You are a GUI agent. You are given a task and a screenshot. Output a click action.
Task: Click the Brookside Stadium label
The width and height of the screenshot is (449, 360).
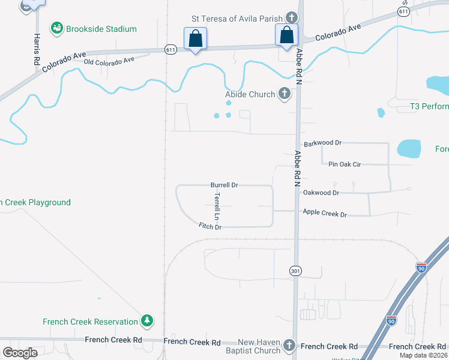coord(101,29)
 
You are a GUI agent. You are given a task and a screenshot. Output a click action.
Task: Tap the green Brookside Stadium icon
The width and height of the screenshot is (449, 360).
coord(57,28)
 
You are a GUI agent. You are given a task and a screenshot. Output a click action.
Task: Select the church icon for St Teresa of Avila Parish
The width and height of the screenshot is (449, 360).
coord(292,18)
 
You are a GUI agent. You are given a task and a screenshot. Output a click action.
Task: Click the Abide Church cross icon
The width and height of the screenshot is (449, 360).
coord(285,94)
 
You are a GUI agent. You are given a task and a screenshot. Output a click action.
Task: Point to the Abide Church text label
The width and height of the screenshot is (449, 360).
coord(250,94)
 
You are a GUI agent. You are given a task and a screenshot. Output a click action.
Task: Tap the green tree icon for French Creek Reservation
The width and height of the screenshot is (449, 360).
coord(146,321)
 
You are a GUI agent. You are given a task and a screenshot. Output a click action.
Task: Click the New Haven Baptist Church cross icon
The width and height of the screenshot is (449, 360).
coord(289,345)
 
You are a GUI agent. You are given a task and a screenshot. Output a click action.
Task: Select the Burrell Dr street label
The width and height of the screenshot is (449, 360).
coord(224,185)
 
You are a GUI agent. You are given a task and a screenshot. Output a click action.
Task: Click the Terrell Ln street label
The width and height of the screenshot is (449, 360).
coord(217,205)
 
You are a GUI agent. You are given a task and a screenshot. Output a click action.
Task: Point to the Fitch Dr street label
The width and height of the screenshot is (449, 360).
coord(210,227)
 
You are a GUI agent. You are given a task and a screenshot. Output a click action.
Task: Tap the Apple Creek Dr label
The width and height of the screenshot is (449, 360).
coord(325,213)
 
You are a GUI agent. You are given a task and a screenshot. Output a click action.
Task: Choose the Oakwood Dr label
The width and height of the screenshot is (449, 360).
coord(321,193)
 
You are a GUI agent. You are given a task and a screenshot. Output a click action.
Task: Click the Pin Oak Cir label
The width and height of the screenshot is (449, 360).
coord(344,163)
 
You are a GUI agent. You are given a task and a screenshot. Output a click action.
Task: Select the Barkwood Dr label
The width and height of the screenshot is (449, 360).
coord(322,143)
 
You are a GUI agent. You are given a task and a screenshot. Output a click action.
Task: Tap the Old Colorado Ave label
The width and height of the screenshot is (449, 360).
coord(109,61)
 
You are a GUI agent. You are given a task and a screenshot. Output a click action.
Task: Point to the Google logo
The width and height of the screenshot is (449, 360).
coord(20,352)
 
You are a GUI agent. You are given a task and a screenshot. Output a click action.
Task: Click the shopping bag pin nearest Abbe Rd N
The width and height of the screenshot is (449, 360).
coord(286,35)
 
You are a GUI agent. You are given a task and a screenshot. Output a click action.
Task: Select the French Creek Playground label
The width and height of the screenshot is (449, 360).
coord(36,203)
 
